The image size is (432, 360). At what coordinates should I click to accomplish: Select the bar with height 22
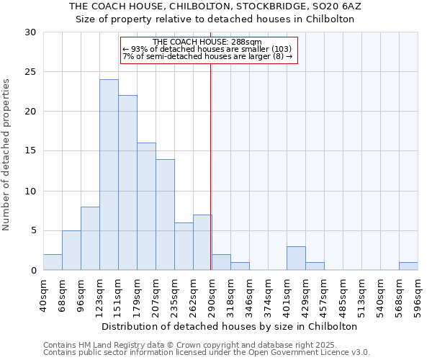point(127,183)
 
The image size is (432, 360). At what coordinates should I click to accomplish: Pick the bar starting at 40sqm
point(53,262)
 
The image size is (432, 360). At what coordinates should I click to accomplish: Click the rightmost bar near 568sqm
point(408,266)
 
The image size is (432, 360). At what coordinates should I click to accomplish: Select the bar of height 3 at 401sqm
point(296,258)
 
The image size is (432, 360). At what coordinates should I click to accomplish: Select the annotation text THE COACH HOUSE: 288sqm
point(207,42)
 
